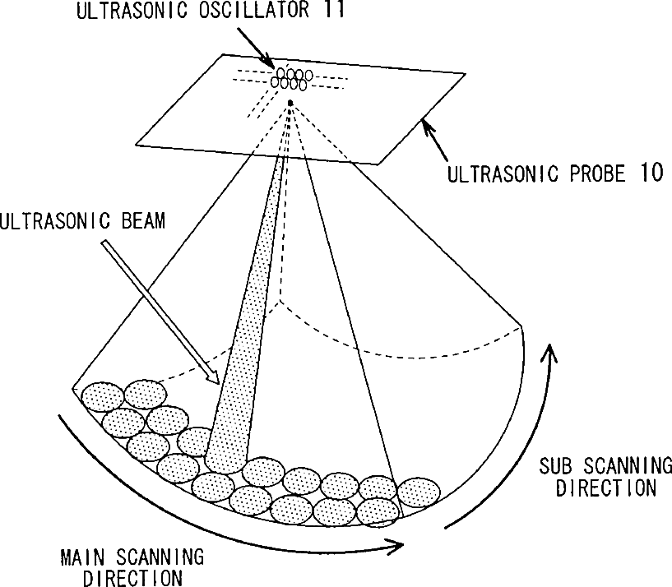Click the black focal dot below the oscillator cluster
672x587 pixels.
[x=290, y=102]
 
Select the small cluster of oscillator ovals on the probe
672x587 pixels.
[x=290, y=79]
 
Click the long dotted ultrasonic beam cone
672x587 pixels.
[x=247, y=329]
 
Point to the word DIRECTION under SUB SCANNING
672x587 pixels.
[x=606, y=488]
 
